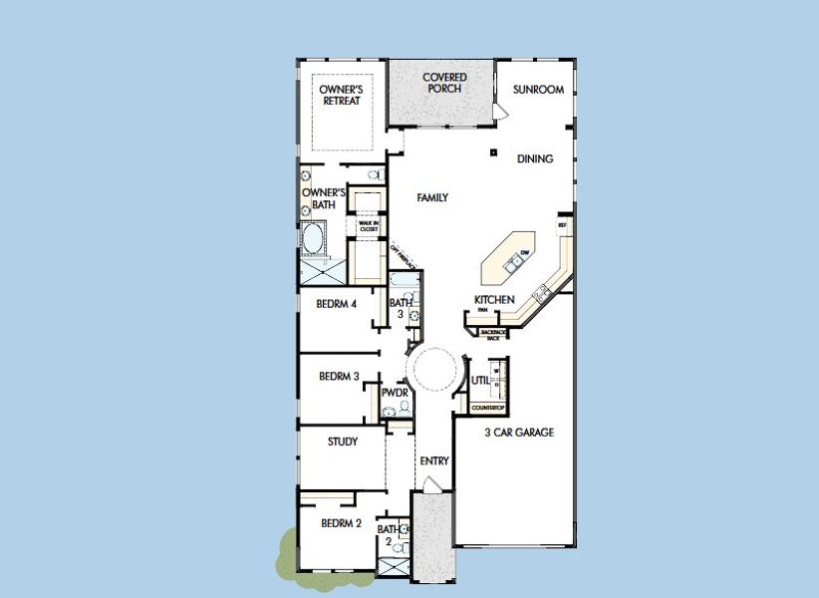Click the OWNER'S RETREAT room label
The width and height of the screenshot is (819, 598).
click(x=340, y=95)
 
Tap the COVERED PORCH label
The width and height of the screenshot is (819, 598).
click(x=444, y=82)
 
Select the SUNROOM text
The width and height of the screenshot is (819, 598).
click(x=538, y=90)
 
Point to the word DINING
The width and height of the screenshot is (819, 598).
click(x=535, y=158)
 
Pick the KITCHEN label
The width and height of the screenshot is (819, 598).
click(x=494, y=300)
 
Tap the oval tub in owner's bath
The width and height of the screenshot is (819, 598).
click(x=314, y=240)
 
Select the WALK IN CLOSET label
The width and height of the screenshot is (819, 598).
click(x=369, y=226)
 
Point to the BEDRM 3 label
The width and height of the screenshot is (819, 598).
click(x=339, y=377)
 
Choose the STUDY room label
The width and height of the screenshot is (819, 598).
click(x=343, y=442)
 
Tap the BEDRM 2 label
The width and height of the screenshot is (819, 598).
click(x=341, y=522)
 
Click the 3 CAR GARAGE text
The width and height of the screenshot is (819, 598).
click(x=519, y=433)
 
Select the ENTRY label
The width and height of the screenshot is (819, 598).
click(x=434, y=461)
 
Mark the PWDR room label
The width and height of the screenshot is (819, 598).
click(x=396, y=393)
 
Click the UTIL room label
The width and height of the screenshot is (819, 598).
click(x=479, y=381)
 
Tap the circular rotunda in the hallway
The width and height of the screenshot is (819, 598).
click(x=435, y=369)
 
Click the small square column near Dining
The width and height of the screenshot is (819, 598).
click(x=492, y=152)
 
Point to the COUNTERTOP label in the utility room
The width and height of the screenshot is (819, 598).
click(x=488, y=408)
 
